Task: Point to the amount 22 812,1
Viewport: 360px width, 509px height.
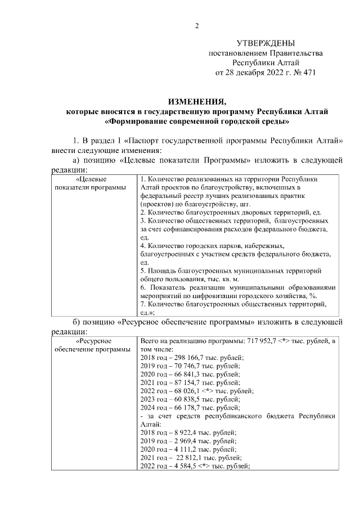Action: (x=187, y=457)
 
